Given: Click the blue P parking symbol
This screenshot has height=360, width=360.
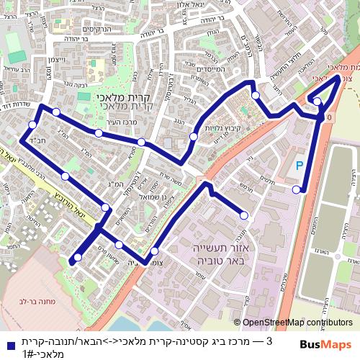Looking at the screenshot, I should coord(300,166).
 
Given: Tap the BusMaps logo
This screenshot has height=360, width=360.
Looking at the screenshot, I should coord(325,344).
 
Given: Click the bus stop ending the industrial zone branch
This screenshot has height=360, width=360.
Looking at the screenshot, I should coord(243,215).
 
